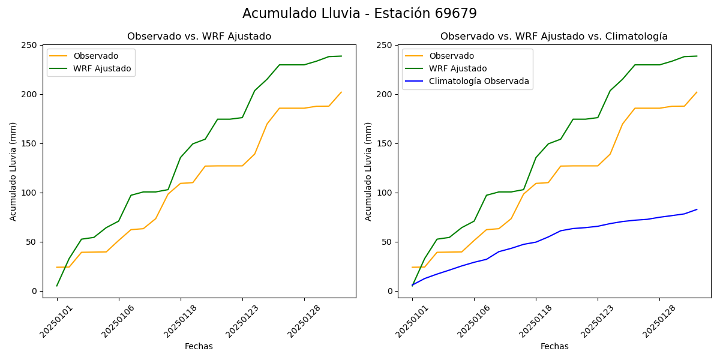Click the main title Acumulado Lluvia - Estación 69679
coord(359,14)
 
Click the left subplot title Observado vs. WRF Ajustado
coord(199,37)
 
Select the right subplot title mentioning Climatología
coord(554,37)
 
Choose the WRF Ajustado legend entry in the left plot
coord(102,68)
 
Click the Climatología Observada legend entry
coord(479,82)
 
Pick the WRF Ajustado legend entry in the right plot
coord(457,68)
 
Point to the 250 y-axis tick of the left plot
coord(29,46)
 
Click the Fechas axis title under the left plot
coord(199,347)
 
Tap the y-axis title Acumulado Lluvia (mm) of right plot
coord(368,172)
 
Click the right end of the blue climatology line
coord(697,209)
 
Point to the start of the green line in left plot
coord(57,286)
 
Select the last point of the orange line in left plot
coord(341,92)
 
